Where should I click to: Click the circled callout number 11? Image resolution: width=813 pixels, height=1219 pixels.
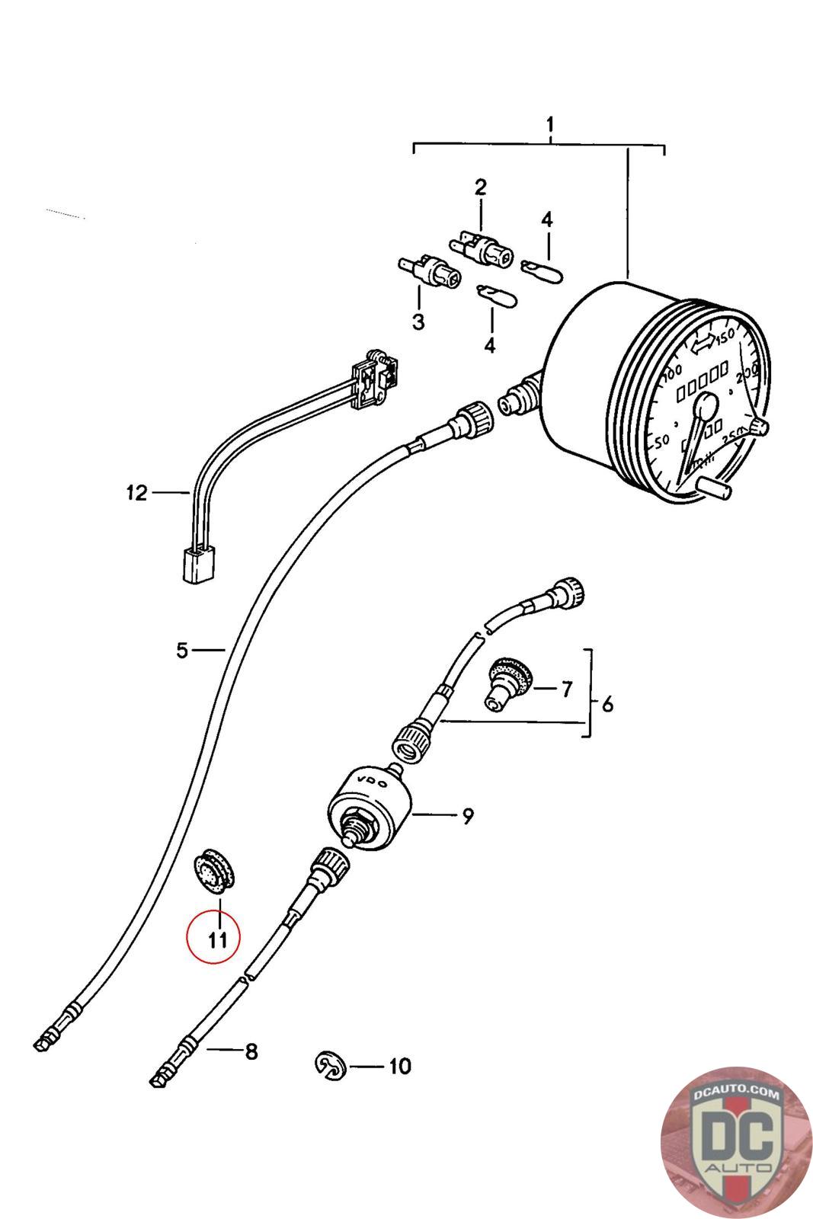click(218, 939)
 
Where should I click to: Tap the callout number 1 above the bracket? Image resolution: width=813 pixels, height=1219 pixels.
click(549, 124)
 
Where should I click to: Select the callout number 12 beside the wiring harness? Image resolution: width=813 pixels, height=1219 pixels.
click(136, 493)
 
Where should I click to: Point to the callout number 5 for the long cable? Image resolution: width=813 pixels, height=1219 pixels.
click(181, 651)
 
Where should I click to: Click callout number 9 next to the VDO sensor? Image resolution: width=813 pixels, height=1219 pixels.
click(467, 816)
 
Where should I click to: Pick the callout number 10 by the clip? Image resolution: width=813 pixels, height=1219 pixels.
click(399, 1065)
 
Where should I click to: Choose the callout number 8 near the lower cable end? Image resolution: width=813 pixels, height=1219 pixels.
click(251, 1052)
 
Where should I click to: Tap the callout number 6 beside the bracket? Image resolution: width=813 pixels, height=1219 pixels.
click(607, 704)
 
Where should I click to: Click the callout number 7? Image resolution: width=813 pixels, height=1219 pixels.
click(565, 689)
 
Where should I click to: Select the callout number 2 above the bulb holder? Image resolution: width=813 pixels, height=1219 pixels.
click(480, 187)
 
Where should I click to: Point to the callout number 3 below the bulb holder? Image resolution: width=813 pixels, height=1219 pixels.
click(418, 322)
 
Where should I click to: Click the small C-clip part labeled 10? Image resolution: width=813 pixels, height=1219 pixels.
click(330, 1065)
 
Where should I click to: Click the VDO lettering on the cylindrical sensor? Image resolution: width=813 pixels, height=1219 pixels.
click(371, 784)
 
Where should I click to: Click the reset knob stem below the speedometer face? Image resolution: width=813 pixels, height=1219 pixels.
click(717, 488)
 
